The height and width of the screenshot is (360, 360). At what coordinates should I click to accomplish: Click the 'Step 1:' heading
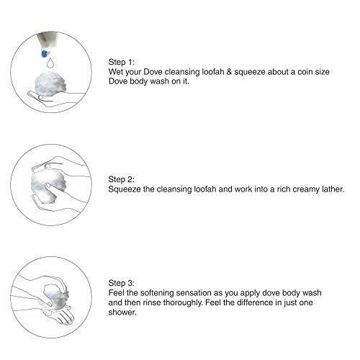tap(122, 62)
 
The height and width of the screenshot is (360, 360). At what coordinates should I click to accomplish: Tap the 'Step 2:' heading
tap(121, 179)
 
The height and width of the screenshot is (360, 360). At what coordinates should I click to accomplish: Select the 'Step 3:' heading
tap(122, 283)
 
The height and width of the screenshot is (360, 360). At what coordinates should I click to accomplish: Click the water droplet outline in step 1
tap(50, 63)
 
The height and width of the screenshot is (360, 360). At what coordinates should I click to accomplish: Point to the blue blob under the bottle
tap(45, 53)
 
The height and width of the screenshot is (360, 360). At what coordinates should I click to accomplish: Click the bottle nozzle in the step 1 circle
tap(48, 41)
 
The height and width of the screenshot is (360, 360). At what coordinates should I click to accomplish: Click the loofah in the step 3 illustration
tap(56, 297)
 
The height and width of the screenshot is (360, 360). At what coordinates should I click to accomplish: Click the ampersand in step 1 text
tap(229, 72)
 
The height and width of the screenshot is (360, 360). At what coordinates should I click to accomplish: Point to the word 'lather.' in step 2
tap(333, 189)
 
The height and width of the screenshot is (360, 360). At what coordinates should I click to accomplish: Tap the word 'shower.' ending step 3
tap(122, 312)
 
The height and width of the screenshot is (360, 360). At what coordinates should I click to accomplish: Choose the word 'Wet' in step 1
tap(116, 72)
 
